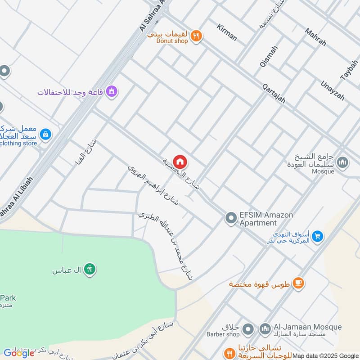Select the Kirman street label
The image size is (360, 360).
pos(226,32)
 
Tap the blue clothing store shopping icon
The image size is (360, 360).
pos(45,134)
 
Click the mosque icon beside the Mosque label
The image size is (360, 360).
pos(342,162)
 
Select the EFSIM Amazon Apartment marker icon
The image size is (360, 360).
pos(231,219)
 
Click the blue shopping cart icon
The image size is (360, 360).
pos(318,236)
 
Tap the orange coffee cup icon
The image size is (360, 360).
pos(298,283)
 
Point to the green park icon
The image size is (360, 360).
pos(90,269)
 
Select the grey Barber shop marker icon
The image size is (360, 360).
pos(247,330)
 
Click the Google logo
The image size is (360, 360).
pos(19,353)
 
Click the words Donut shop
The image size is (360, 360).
pos(172,41)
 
